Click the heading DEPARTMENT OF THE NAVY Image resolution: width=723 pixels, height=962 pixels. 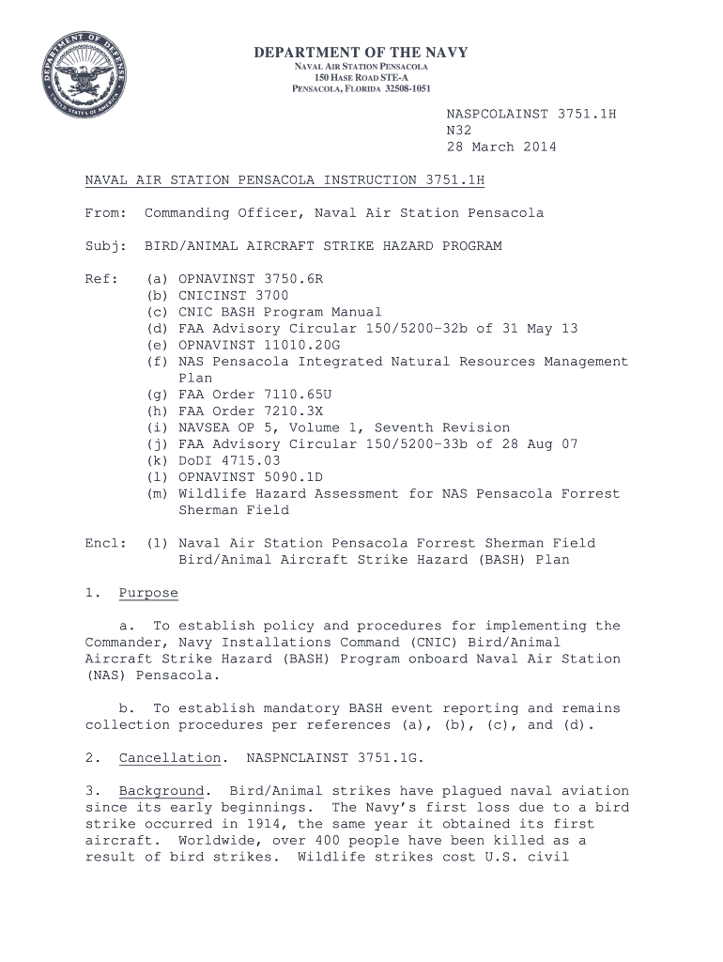pyautogui.click(x=361, y=54)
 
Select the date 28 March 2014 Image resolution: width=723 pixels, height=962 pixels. pyautogui.click(x=500, y=147)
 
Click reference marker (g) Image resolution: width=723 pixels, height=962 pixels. pyautogui.click(x=158, y=395)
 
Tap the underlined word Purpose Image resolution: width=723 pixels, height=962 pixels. pyautogui.click(x=148, y=593)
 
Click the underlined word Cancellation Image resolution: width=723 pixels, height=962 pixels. pyautogui.click(x=170, y=757)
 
